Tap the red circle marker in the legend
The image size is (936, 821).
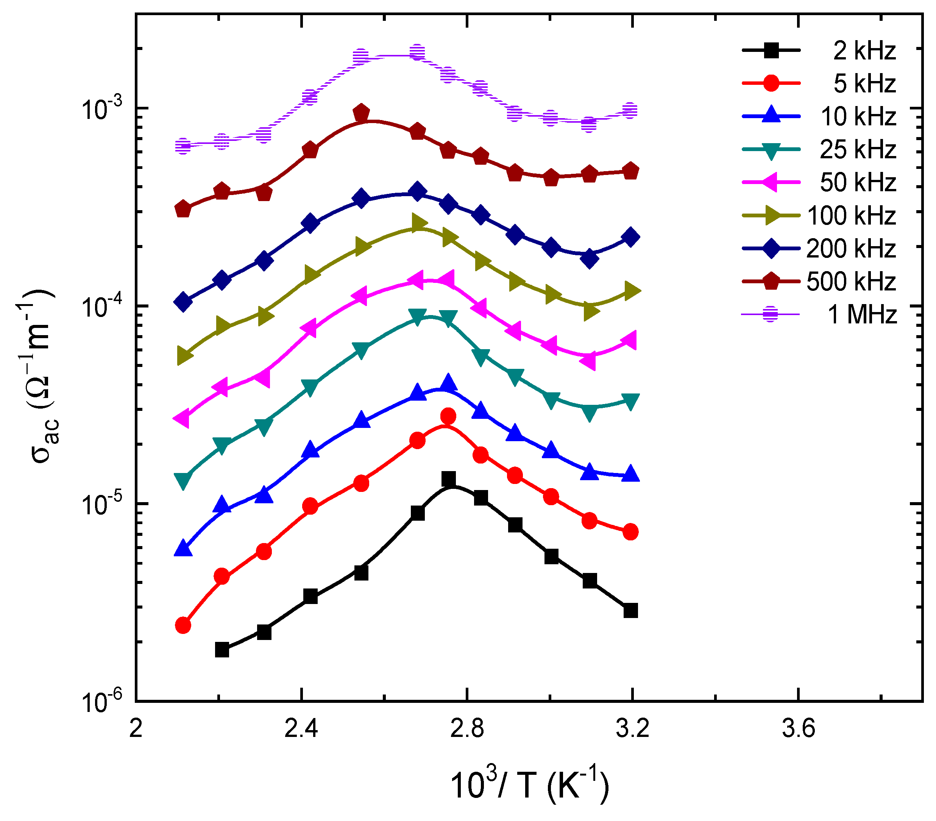coord(772,83)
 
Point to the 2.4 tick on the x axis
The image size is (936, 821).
coord(301,728)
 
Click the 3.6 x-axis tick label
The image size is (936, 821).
coord(798,728)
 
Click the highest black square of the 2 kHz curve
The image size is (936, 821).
coord(449,479)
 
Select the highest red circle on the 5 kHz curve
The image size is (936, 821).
coord(448,416)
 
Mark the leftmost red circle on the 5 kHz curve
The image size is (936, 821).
coord(183,625)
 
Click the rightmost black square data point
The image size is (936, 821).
coord(630,610)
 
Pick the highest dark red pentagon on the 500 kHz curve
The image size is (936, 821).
coord(361,112)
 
